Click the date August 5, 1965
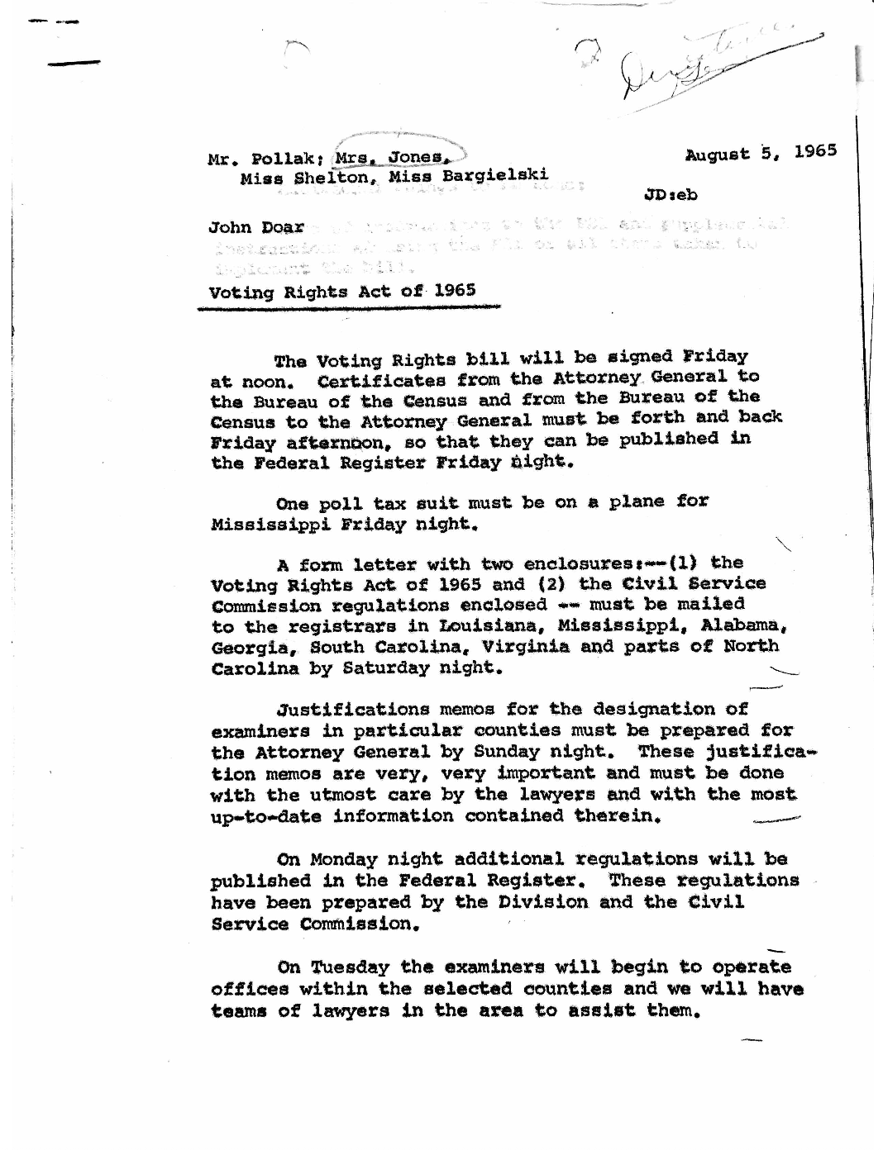coord(761,153)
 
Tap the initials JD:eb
coord(670,195)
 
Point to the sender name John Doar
coord(256,227)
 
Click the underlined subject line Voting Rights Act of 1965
coord(342,291)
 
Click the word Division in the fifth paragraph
coord(543,902)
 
